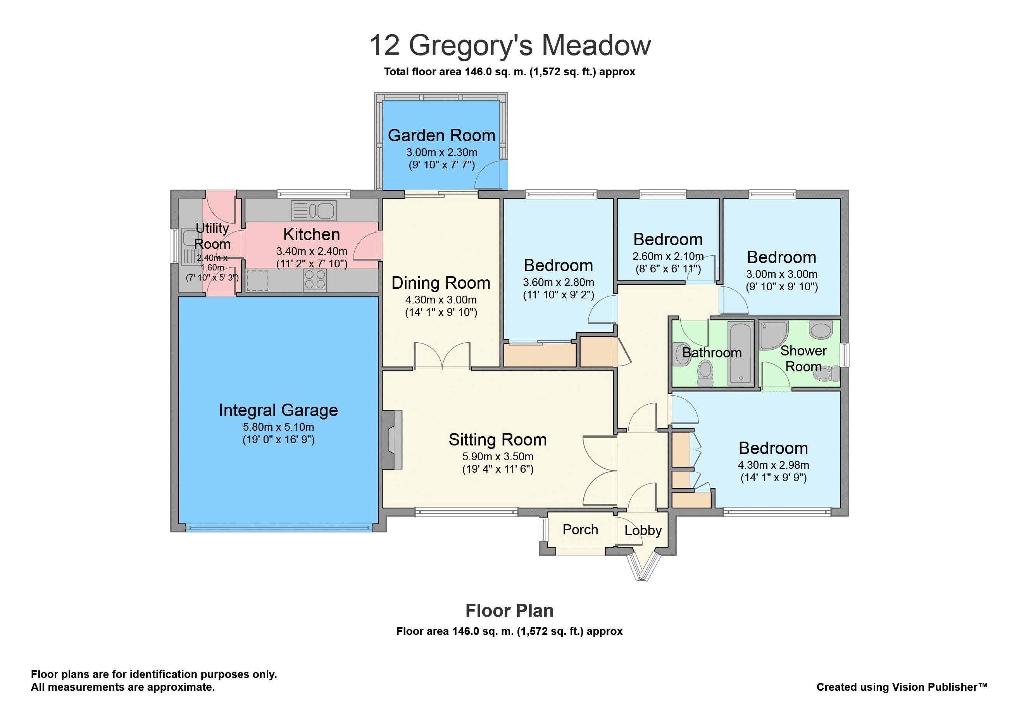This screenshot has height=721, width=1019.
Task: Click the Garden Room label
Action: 441,135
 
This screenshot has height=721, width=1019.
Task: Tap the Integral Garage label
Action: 278,411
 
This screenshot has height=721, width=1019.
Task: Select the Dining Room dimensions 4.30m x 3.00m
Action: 441,300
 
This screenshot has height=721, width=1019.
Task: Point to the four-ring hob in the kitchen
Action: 315,280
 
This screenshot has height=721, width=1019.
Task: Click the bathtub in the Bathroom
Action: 740,353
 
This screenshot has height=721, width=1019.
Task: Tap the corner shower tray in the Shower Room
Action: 774,335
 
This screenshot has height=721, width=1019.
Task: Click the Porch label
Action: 580,530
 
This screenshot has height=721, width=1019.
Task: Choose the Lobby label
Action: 643,530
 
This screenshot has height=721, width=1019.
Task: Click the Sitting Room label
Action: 498,440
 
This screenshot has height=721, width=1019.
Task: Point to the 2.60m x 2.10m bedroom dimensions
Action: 668,257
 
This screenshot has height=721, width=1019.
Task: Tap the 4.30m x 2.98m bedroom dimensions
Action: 773,465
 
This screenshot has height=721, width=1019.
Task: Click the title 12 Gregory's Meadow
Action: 510,46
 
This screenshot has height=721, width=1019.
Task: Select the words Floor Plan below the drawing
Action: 509,611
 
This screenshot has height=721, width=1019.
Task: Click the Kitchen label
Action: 312,234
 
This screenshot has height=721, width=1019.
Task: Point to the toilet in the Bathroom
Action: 705,373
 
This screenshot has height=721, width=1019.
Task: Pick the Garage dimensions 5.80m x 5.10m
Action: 278,427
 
